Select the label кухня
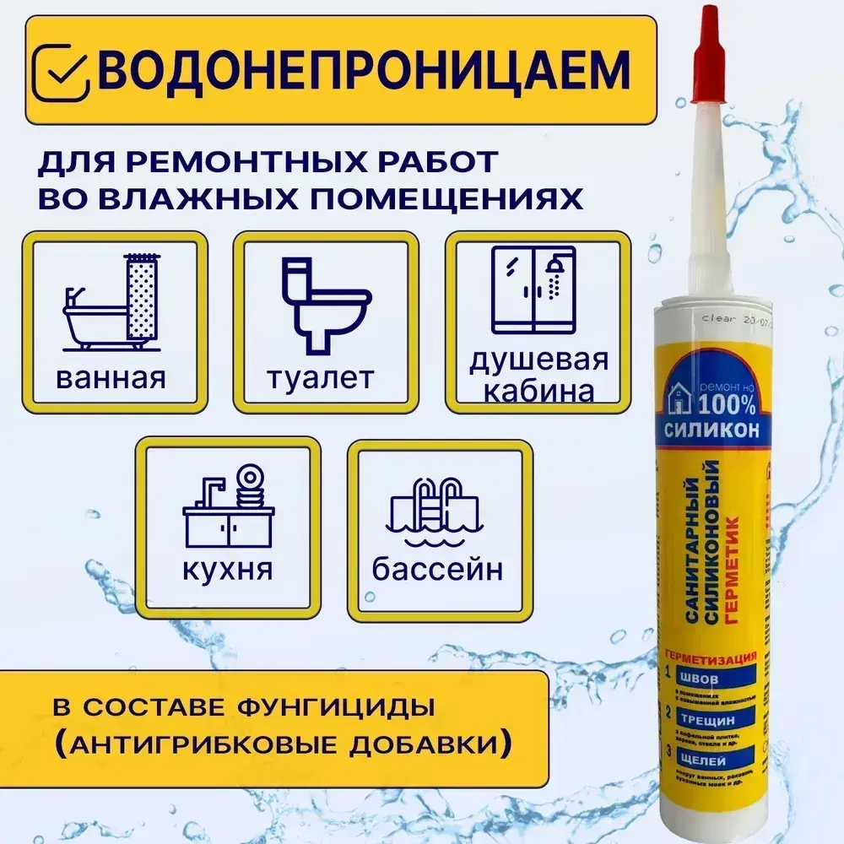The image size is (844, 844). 227,570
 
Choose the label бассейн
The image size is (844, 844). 437,570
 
